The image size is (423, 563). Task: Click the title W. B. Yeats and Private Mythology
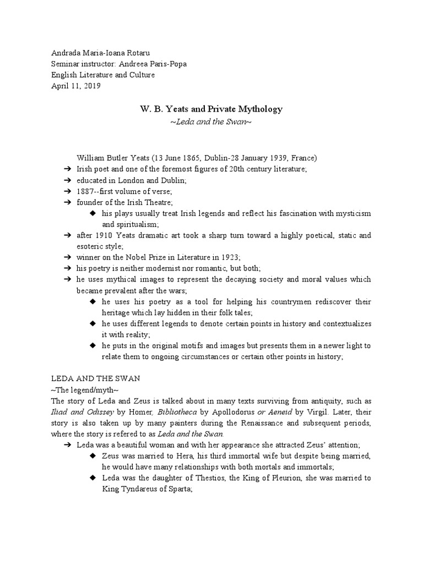tap(211, 109)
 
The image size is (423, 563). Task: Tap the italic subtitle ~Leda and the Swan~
tap(211, 121)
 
